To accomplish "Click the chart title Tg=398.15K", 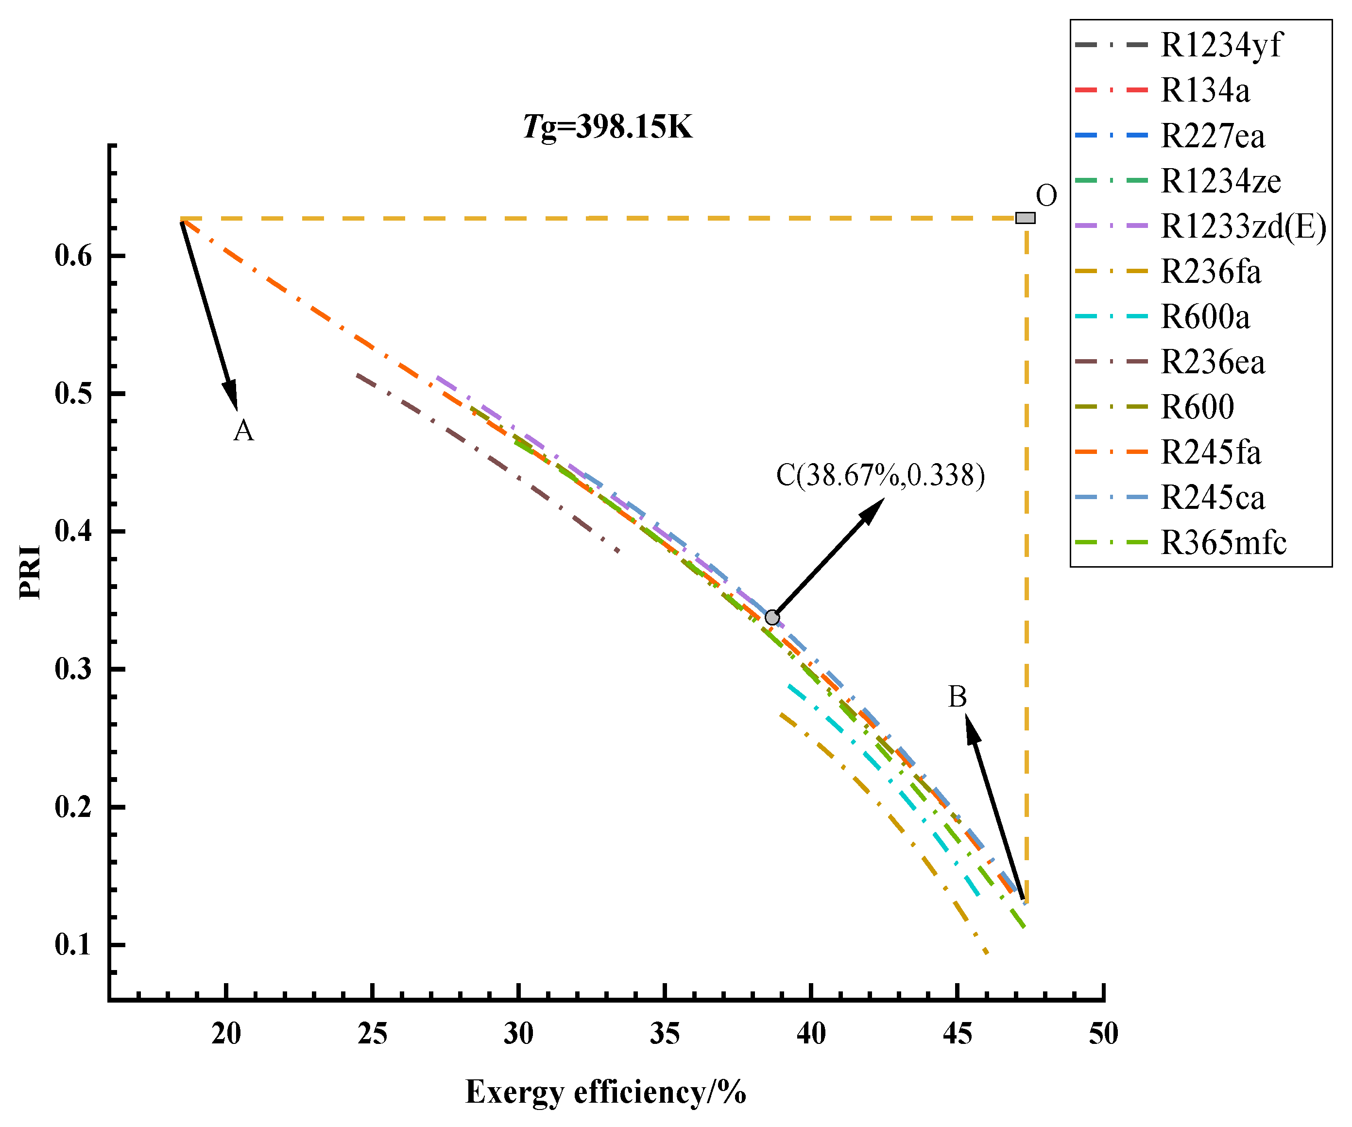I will [x=608, y=127].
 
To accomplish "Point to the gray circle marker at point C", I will [x=772, y=618].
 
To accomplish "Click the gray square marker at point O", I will [x=1025, y=218].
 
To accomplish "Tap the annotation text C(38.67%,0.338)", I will [x=880, y=475].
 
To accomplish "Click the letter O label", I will [x=1046, y=196].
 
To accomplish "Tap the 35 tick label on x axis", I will [x=665, y=1034].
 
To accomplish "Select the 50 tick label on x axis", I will [x=1103, y=1034].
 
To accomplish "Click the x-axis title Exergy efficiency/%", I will [x=605, y=1092].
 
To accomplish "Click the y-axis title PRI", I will [x=30, y=572].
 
